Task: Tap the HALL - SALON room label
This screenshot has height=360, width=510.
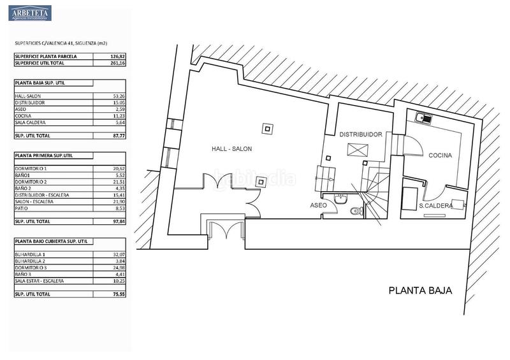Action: tap(232, 149)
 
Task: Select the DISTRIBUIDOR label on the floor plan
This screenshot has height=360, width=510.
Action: tap(360, 134)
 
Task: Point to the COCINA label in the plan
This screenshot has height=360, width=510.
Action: tap(440, 155)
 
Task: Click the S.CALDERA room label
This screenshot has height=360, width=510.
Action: tap(437, 205)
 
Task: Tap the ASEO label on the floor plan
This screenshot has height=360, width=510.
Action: tap(318, 206)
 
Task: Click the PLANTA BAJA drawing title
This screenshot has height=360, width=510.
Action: tap(420, 291)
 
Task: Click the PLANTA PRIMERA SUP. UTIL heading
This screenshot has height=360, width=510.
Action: tap(45, 155)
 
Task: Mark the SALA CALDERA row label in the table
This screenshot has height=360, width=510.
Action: tap(29, 122)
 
